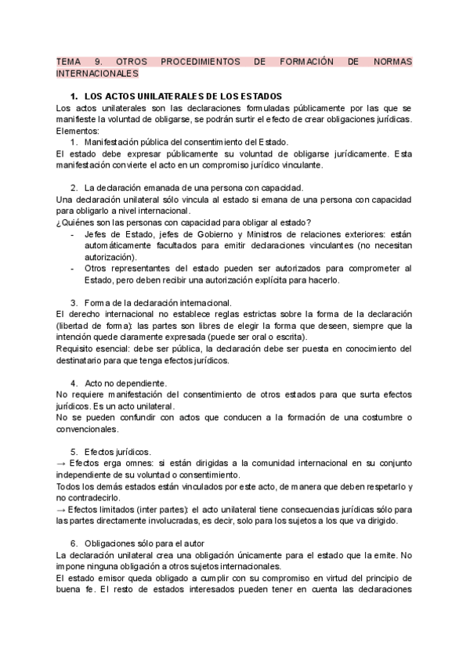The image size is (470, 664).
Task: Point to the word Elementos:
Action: click(x=78, y=132)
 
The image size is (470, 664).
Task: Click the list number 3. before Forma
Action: click(x=74, y=303)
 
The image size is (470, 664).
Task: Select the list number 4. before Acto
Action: click(x=74, y=383)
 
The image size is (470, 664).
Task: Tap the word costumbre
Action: click(x=378, y=417)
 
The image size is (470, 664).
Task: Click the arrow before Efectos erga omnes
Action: click(x=62, y=463)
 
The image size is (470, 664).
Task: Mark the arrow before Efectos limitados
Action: click(x=62, y=509)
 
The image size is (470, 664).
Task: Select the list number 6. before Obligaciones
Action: click(x=74, y=543)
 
